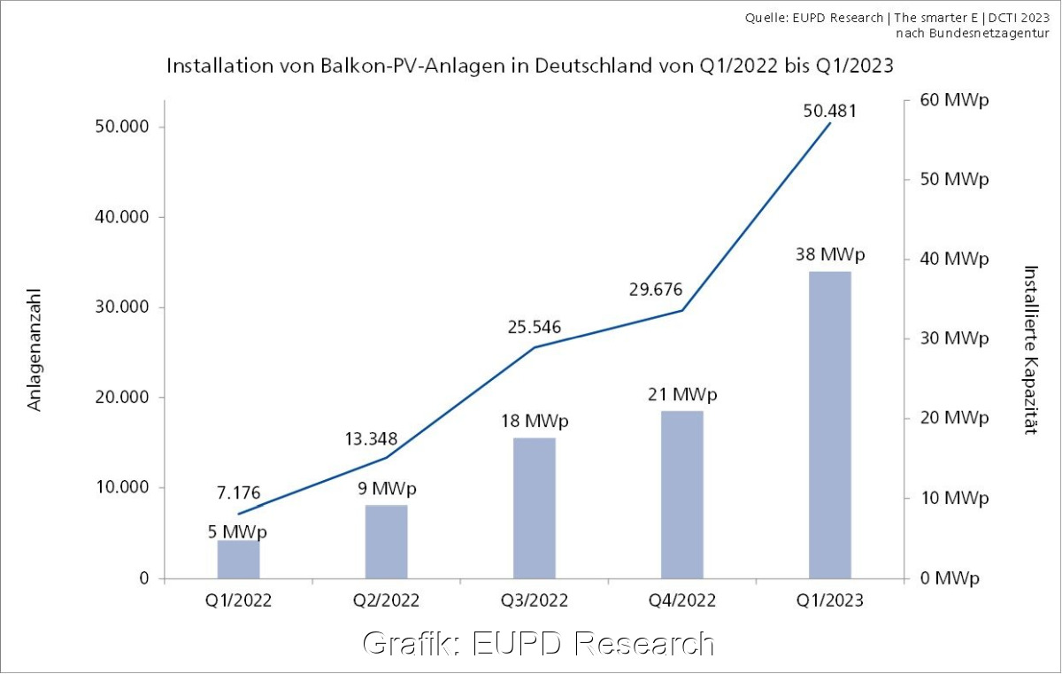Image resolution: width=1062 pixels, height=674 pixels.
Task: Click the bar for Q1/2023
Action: coord(829,425)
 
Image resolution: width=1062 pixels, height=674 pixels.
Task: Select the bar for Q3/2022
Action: coord(534,508)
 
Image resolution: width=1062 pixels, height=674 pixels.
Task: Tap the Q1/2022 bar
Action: coord(239,559)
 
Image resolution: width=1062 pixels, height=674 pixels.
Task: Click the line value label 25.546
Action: coord(535,327)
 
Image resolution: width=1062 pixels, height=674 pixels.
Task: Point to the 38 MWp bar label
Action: coord(830,255)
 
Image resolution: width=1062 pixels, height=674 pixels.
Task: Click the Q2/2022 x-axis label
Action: coord(386,600)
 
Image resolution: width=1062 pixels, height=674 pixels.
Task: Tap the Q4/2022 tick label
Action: coord(681,600)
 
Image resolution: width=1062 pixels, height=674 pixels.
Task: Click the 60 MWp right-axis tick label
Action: coord(954,99)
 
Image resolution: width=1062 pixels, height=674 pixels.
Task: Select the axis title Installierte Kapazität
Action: coord(1029,350)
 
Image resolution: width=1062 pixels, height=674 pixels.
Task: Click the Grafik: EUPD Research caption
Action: coord(538,643)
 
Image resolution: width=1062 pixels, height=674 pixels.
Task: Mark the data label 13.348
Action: coord(371,439)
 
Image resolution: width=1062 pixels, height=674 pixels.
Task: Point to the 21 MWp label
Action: coord(681,394)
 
